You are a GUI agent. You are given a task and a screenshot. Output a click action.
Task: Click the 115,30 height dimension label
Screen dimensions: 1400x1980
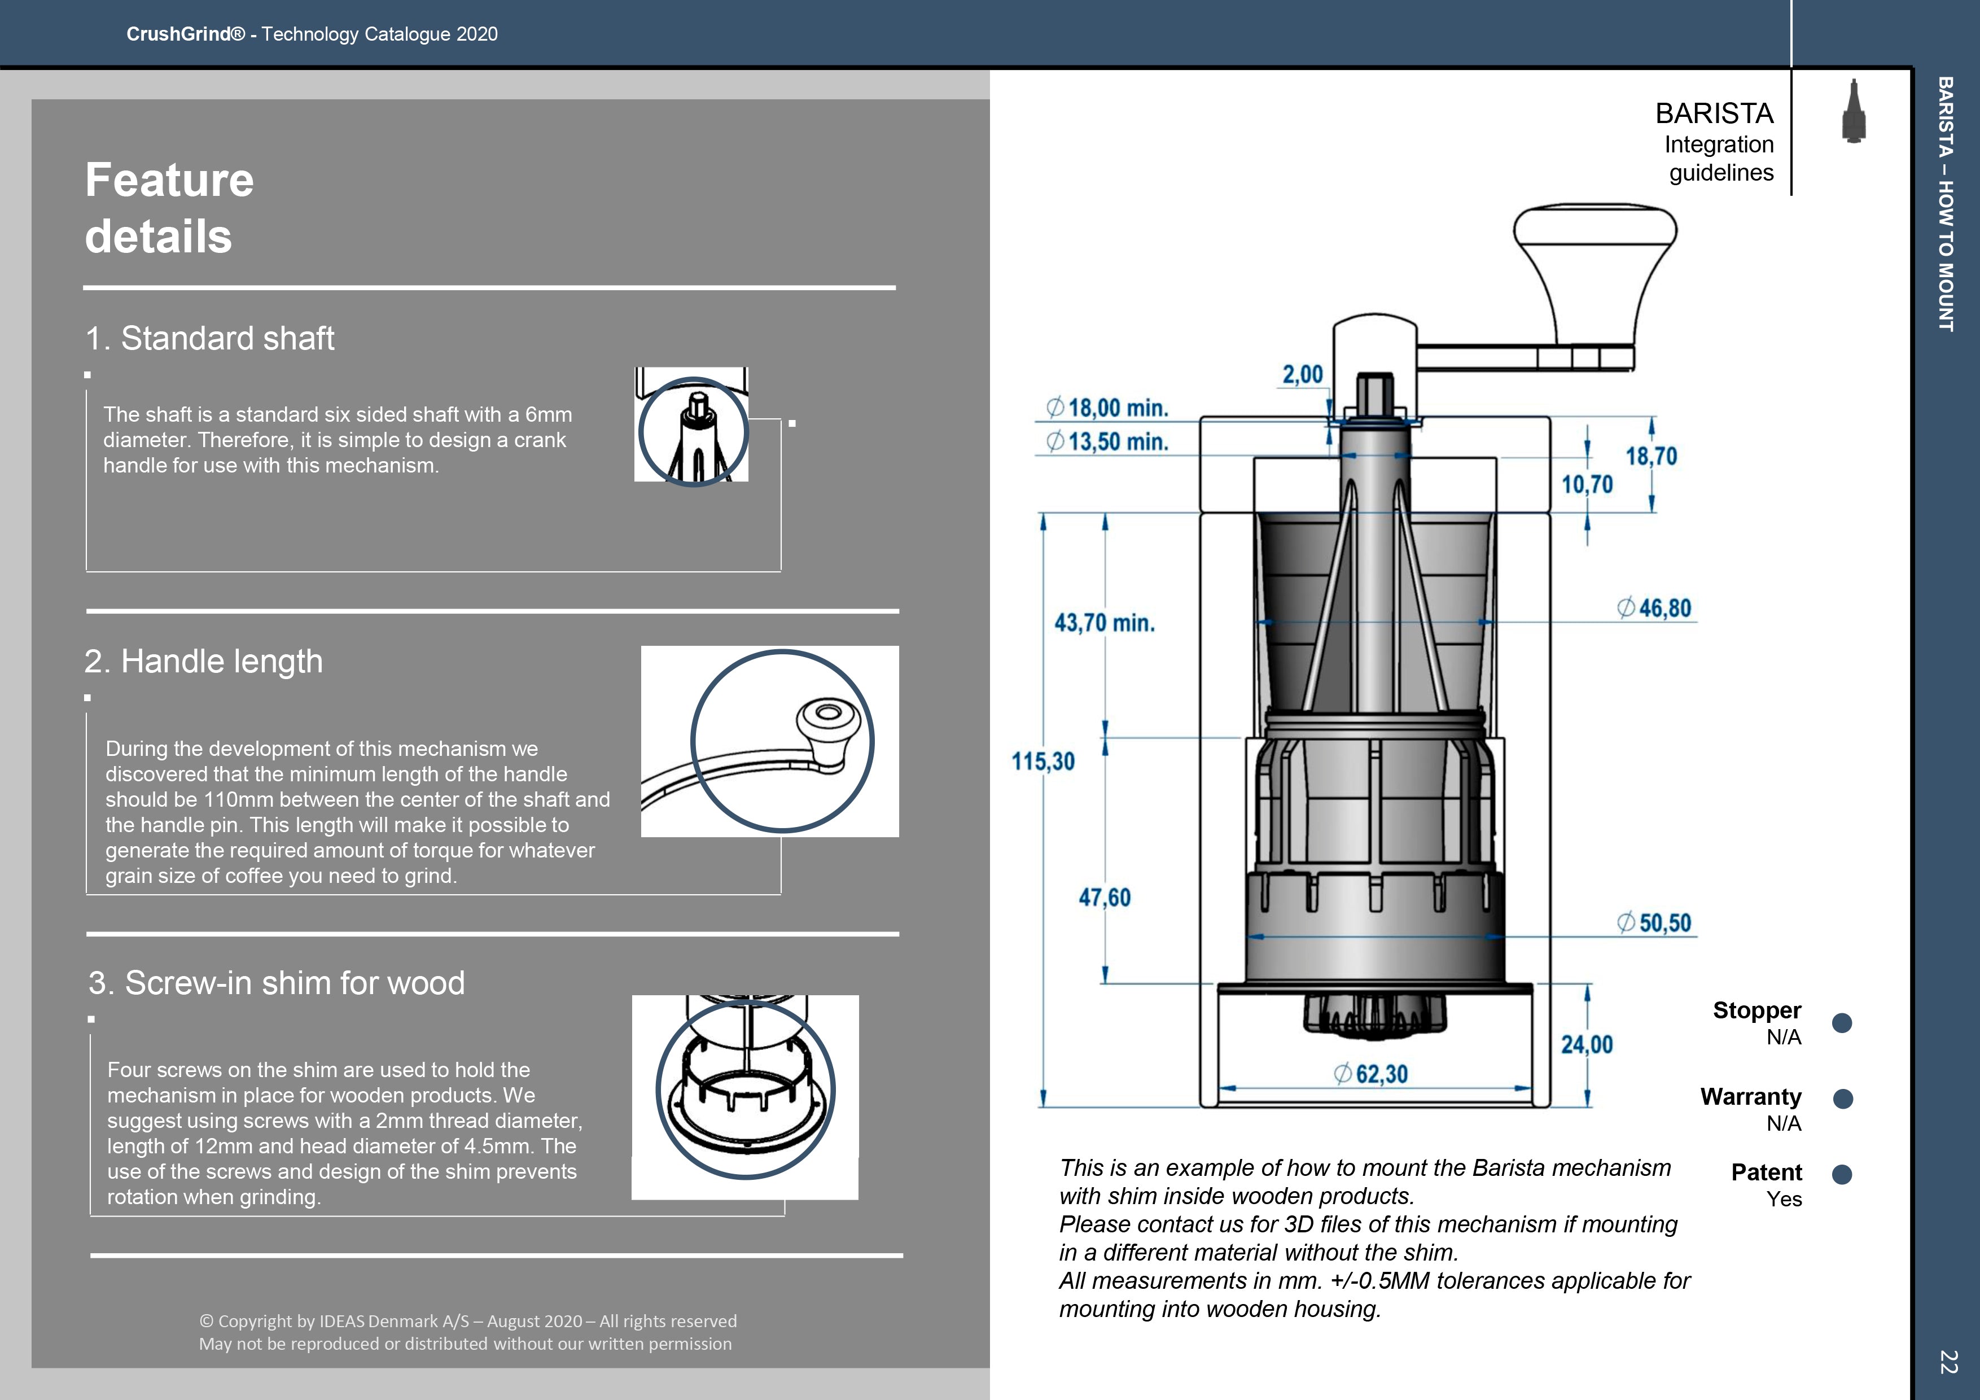(x=1042, y=762)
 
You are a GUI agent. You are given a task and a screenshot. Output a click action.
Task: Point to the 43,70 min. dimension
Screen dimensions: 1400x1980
(x=1104, y=623)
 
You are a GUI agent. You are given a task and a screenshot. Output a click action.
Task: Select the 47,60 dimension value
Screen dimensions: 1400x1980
(x=1104, y=898)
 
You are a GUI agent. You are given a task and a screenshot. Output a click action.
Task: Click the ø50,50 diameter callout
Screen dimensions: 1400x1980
(x=1653, y=923)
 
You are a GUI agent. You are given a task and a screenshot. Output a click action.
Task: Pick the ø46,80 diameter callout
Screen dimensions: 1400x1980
(x=1653, y=608)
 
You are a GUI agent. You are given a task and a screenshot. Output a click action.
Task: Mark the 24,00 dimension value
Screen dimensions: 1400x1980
(x=1587, y=1044)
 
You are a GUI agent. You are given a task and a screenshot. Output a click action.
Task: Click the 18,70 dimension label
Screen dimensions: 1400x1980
(x=1652, y=456)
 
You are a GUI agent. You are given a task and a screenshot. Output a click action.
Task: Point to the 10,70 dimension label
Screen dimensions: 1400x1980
(x=1587, y=485)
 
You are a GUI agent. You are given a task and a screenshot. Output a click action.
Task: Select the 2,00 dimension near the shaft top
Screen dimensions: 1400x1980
(x=1302, y=374)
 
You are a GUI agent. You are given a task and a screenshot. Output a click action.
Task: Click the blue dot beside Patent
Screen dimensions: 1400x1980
(x=1842, y=1174)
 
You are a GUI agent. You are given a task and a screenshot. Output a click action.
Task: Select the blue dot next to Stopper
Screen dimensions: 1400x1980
(x=1842, y=1023)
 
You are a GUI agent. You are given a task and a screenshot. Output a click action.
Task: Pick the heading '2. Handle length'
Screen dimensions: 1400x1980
(x=204, y=662)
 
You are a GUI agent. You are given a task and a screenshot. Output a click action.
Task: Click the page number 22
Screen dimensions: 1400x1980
(x=1947, y=1361)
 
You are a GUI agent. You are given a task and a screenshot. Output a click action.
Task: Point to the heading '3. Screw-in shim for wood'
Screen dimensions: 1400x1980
(x=276, y=983)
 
